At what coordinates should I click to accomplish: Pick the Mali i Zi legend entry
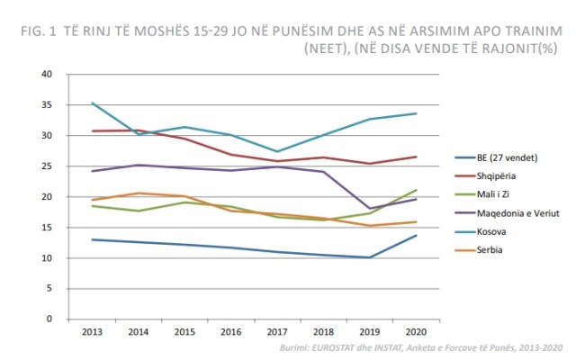coord(485,194)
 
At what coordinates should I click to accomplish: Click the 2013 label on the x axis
coord(93,332)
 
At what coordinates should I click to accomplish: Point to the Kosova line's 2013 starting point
coord(93,103)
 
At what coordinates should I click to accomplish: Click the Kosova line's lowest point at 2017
coord(279,151)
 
